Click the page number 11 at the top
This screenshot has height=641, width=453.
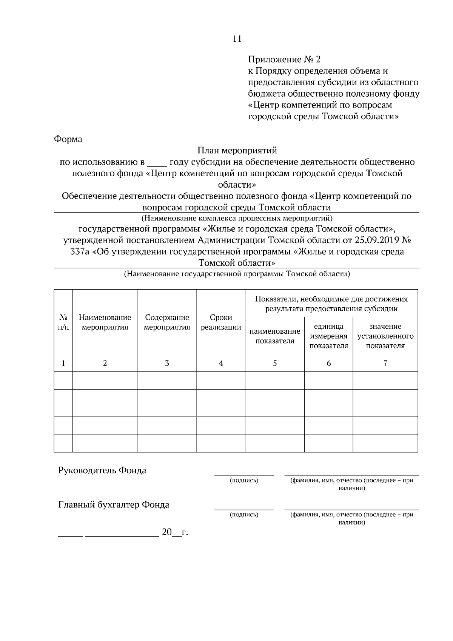click(x=237, y=39)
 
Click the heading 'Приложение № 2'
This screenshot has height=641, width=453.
click(x=284, y=60)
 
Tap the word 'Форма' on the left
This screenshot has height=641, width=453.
click(x=68, y=139)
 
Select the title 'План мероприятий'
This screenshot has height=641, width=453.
click(x=237, y=151)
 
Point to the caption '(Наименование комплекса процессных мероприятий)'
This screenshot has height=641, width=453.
click(x=237, y=218)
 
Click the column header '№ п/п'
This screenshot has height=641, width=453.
click(x=63, y=322)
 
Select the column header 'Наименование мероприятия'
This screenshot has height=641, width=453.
click(x=105, y=322)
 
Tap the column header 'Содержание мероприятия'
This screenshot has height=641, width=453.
click(x=167, y=322)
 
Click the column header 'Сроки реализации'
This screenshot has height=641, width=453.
click(x=221, y=322)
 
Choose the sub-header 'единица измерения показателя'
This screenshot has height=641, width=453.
click(x=328, y=336)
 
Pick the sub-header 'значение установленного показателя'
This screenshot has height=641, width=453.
click(x=385, y=336)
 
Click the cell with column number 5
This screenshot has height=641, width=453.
click(x=275, y=363)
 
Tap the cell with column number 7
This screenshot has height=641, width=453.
click(x=385, y=363)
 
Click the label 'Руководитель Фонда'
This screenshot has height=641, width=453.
click(x=102, y=470)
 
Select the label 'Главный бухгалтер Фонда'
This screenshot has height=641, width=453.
click(x=114, y=505)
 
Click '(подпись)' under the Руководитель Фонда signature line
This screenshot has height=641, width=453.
click(x=244, y=480)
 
